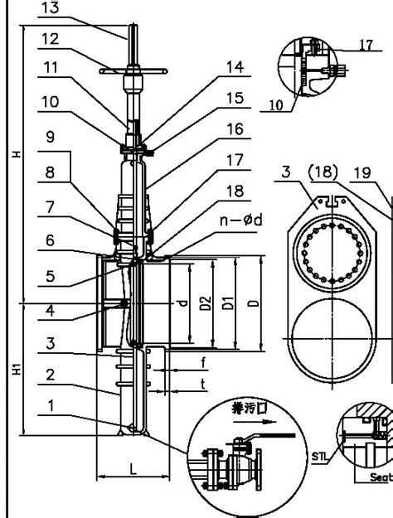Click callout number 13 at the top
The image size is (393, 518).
pos(51,8)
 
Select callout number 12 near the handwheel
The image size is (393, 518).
pos(51,38)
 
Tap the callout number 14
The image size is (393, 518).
pos(235,67)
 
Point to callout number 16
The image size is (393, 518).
pos(235,129)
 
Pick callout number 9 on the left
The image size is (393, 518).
pos(51,138)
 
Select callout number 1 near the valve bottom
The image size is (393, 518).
pos(51,407)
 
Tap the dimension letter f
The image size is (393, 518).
pos(204,363)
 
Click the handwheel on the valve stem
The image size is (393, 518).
pos(133,71)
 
